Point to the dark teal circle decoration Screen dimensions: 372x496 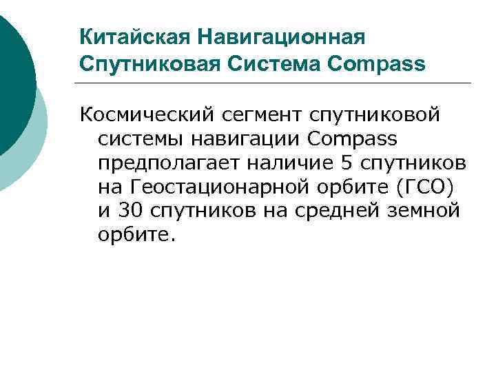point(10,76)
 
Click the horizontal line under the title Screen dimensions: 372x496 point(276,83)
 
